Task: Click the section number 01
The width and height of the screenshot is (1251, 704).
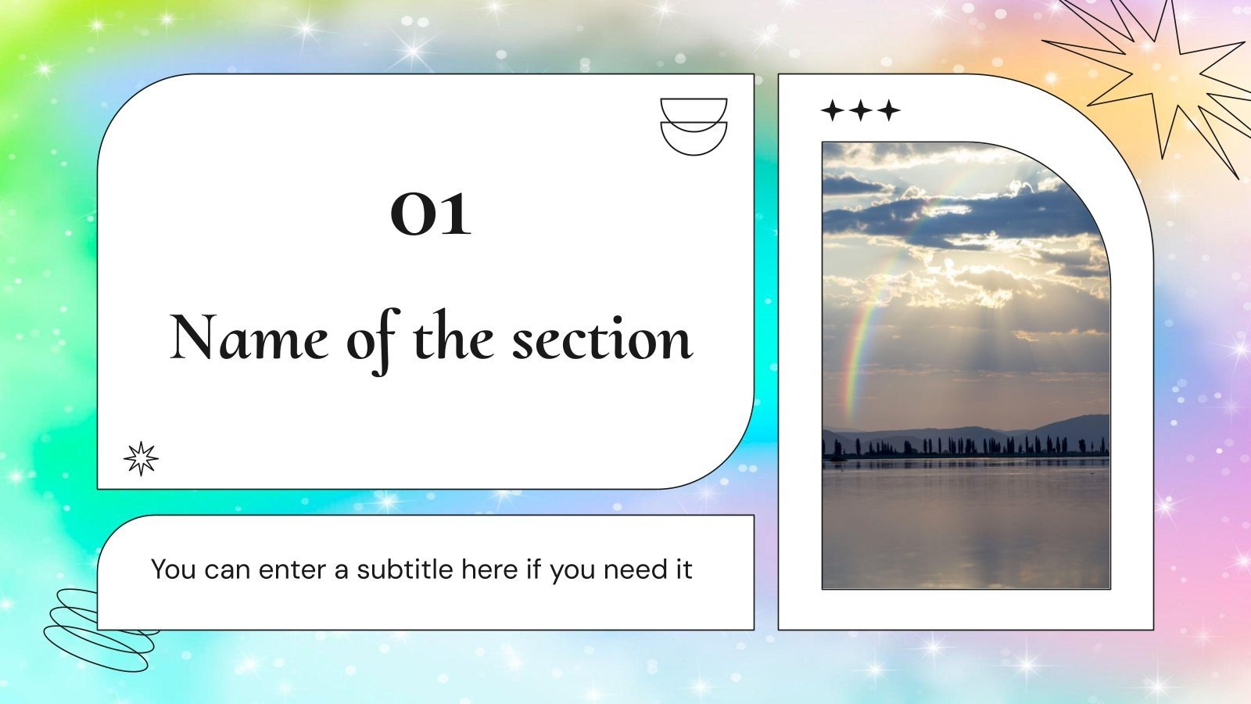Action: point(431,214)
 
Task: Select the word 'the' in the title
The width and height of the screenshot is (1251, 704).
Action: point(453,339)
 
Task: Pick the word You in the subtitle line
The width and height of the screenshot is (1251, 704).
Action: point(173,569)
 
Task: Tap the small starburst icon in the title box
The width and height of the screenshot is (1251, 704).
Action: point(141,458)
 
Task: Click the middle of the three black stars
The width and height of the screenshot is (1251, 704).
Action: point(861,110)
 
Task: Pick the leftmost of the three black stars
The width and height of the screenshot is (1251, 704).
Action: point(833,110)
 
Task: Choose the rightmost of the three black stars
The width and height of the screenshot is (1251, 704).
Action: point(888,110)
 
